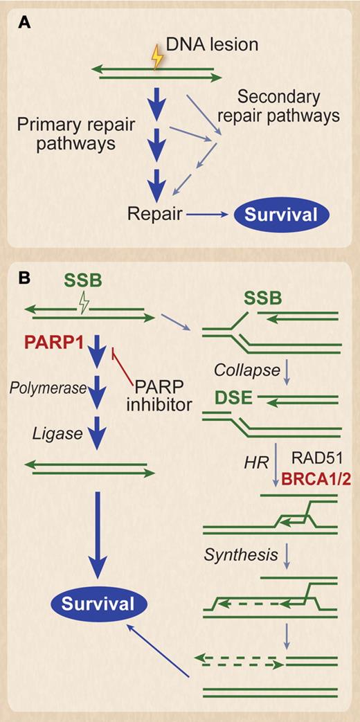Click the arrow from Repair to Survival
pyautogui.click(x=207, y=215)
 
